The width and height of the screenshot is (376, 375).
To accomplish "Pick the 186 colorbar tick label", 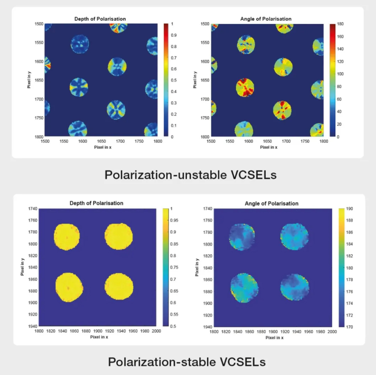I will (x=348, y=232).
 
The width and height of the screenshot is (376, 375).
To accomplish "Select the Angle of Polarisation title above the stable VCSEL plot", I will (x=272, y=204).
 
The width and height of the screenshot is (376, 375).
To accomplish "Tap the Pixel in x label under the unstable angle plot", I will (x=268, y=147).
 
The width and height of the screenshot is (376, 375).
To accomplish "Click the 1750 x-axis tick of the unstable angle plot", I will (x=305, y=141).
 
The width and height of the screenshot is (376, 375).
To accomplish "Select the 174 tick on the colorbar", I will (x=348, y=303).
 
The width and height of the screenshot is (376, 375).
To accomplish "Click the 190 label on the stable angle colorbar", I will (x=348, y=209).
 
